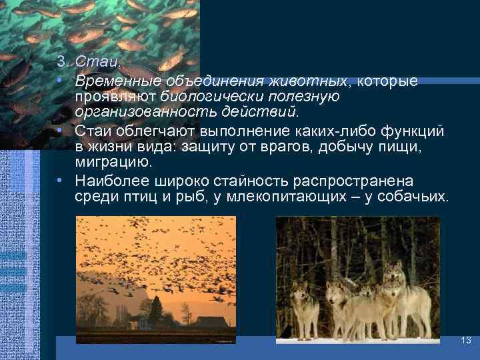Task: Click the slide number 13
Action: [x=466, y=341]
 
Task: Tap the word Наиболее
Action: [x=107, y=181]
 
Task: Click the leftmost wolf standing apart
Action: [x=305, y=307]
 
